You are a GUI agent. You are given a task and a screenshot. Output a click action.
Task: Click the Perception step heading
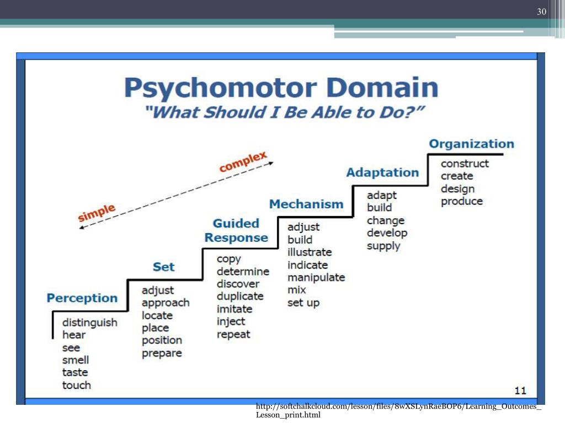pyautogui.click(x=82, y=298)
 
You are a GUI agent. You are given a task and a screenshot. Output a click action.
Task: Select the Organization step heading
pyautogui.click(x=471, y=144)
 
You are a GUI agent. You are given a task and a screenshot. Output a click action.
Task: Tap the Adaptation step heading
pyautogui.click(x=382, y=172)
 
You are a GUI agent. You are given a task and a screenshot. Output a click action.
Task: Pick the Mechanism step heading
pyautogui.click(x=306, y=204)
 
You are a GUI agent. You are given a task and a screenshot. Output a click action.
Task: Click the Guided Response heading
pyautogui.click(x=236, y=231)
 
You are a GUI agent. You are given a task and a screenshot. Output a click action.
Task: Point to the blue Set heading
pyautogui.click(x=163, y=267)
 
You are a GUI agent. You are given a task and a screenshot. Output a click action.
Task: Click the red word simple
pyautogui.click(x=97, y=213)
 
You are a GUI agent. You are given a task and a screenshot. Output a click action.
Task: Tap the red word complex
pyautogui.click(x=243, y=162)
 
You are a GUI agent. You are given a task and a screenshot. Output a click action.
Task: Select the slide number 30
pyautogui.click(x=541, y=12)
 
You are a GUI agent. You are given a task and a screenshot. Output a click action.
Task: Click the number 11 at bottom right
pyautogui.click(x=520, y=391)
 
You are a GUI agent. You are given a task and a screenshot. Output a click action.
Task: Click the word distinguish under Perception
pyautogui.click(x=89, y=322)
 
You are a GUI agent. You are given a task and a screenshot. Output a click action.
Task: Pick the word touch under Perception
pyautogui.click(x=76, y=385)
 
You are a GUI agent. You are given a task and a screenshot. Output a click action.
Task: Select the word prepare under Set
pyautogui.click(x=162, y=353)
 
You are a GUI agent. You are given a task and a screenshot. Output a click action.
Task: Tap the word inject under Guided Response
pyautogui.click(x=231, y=322)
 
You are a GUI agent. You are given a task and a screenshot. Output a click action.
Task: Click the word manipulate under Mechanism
pyautogui.click(x=316, y=277)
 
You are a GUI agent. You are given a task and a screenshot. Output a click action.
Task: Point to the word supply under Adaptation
pyautogui.click(x=383, y=246)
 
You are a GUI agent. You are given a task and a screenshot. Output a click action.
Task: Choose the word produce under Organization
pyautogui.click(x=461, y=201)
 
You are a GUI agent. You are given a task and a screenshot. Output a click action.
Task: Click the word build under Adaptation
pyautogui.click(x=379, y=208)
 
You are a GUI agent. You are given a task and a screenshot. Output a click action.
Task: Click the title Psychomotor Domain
pyautogui.click(x=281, y=87)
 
